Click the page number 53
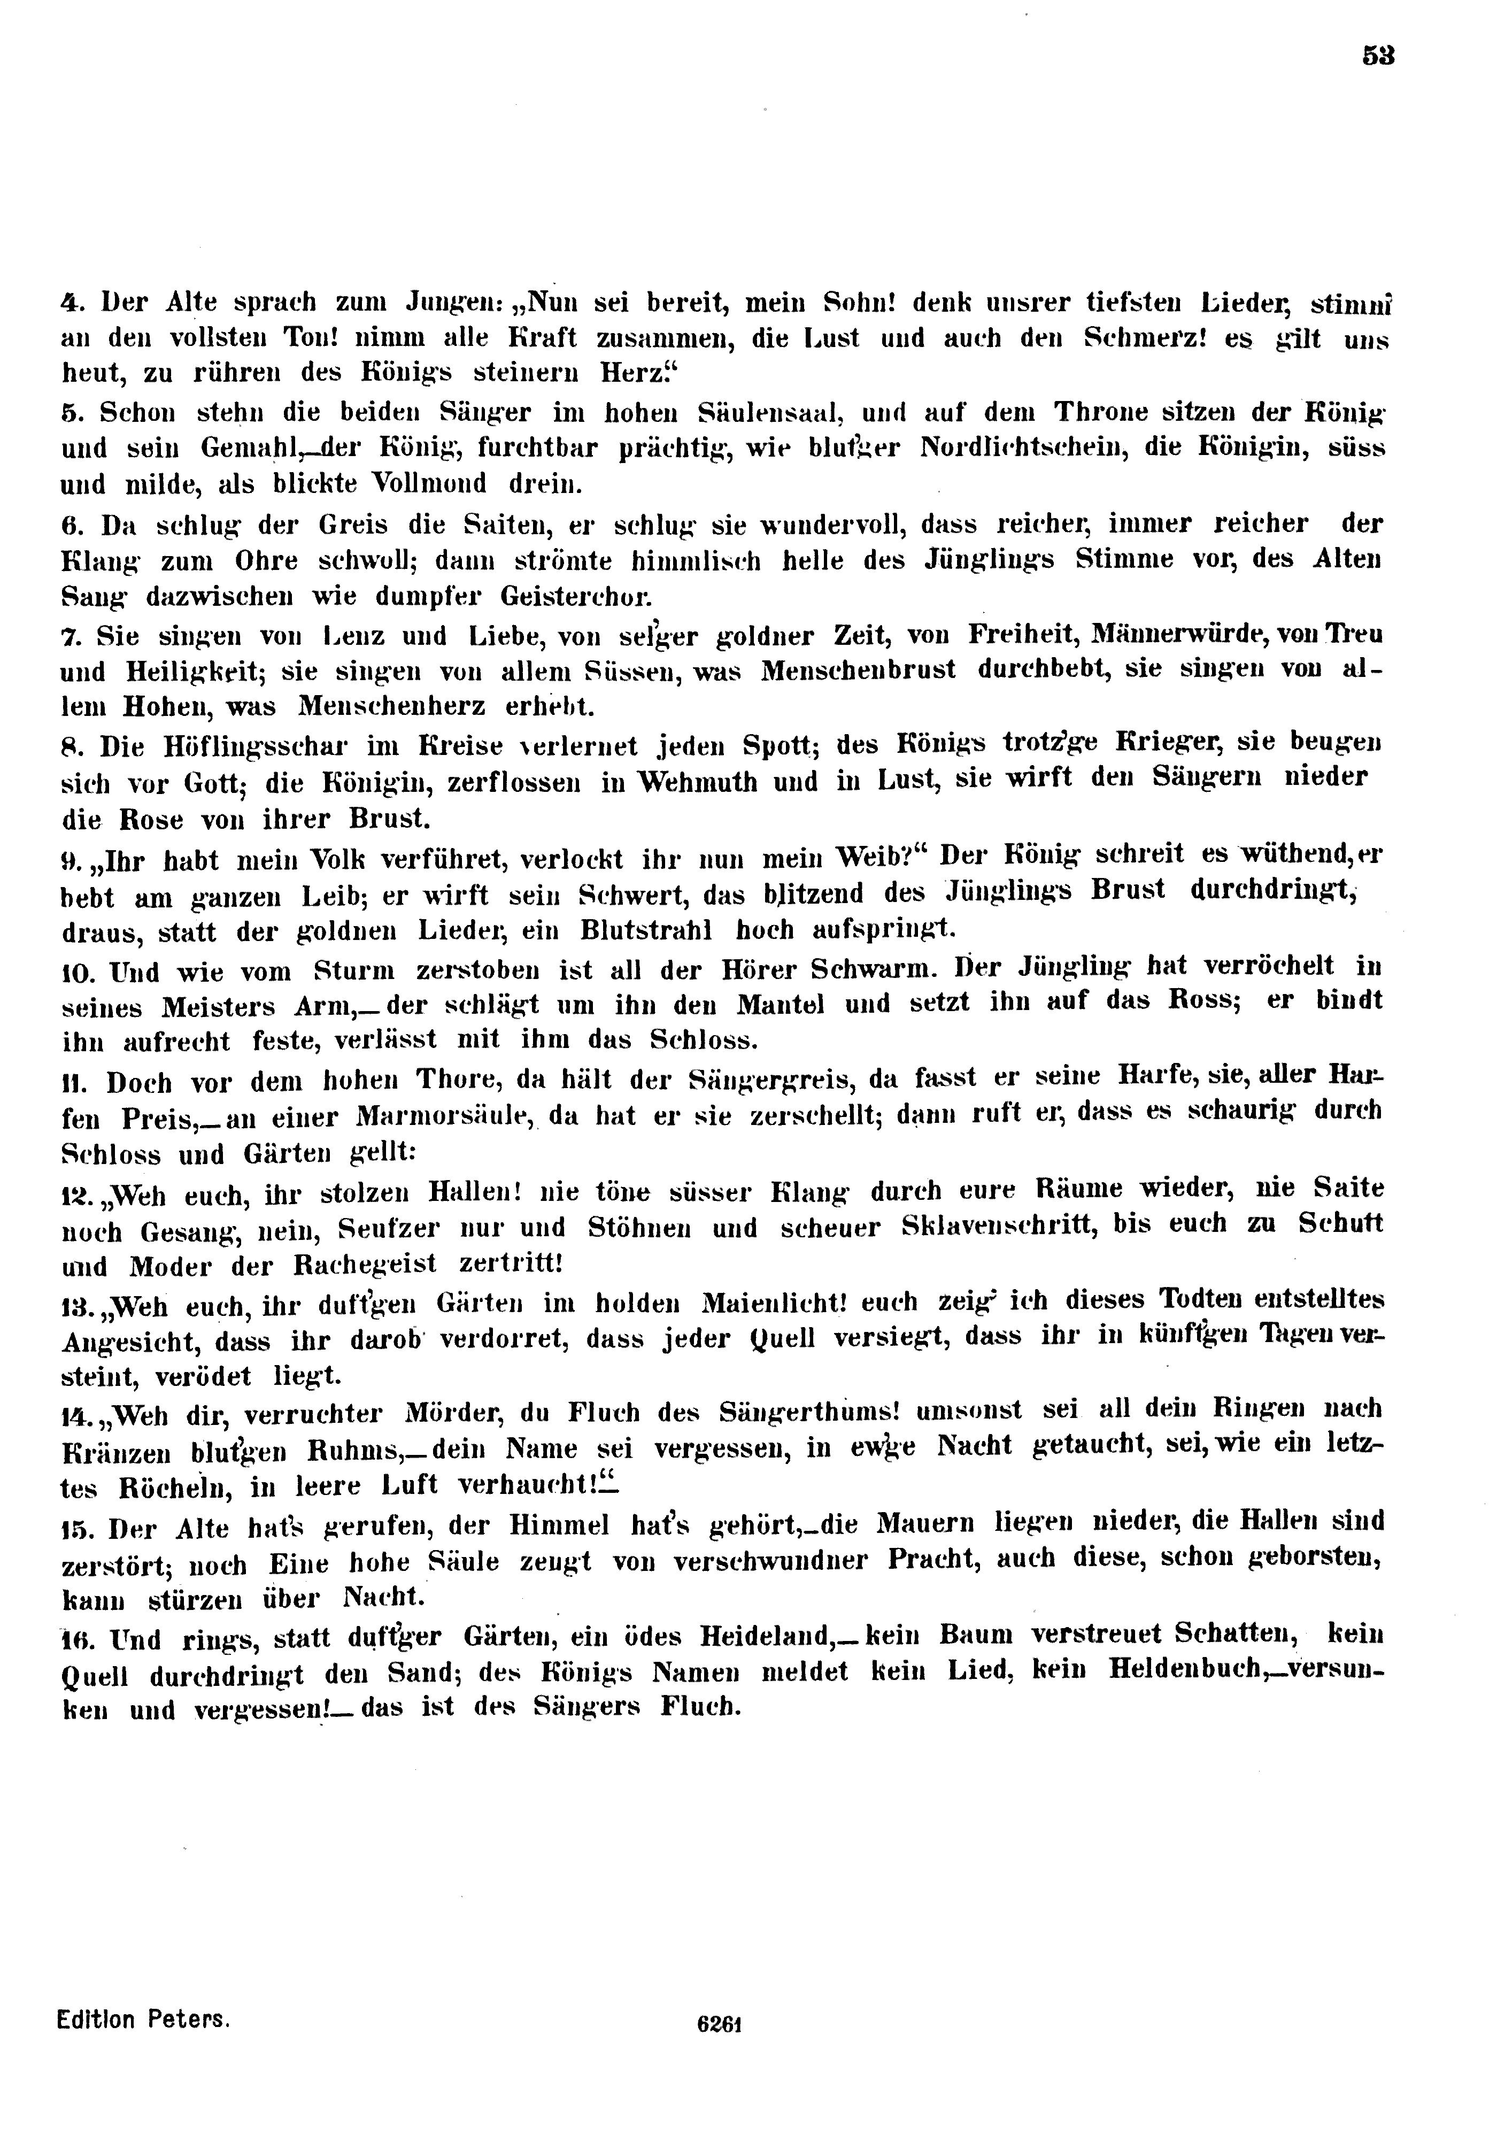pyautogui.click(x=1378, y=56)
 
